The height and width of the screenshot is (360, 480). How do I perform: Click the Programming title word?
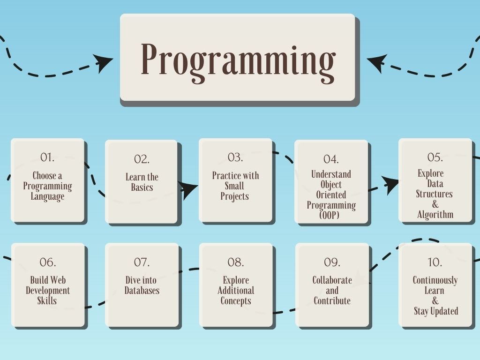pyautogui.click(x=238, y=60)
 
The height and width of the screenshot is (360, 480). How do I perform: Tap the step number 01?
pyautogui.click(x=47, y=157)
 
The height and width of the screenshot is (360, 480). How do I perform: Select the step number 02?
pyautogui.click(x=142, y=159)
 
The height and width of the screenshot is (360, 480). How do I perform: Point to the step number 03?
pyautogui.click(x=235, y=157)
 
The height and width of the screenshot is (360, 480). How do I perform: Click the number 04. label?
pyautogui.click(x=331, y=159)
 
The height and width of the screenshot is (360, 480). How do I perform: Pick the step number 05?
pyautogui.click(x=435, y=157)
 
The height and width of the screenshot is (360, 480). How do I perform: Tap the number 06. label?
pyautogui.click(x=48, y=262)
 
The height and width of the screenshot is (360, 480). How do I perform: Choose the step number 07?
pyautogui.click(x=142, y=262)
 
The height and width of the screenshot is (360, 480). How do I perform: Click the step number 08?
pyautogui.click(x=236, y=262)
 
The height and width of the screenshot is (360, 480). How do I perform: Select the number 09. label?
pyautogui.click(x=332, y=262)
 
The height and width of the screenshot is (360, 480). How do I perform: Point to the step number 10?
pyautogui.click(x=435, y=262)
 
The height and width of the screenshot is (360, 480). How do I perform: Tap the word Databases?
pyautogui.click(x=142, y=291)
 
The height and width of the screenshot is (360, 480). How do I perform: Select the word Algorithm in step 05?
pyautogui.click(x=435, y=215)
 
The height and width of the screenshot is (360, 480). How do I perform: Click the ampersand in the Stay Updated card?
pyautogui.click(x=435, y=301)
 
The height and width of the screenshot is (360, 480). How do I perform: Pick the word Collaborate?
pyautogui.click(x=332, y=280)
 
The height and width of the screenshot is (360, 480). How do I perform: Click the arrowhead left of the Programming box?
pyautogui.click(x=104, y=62)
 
